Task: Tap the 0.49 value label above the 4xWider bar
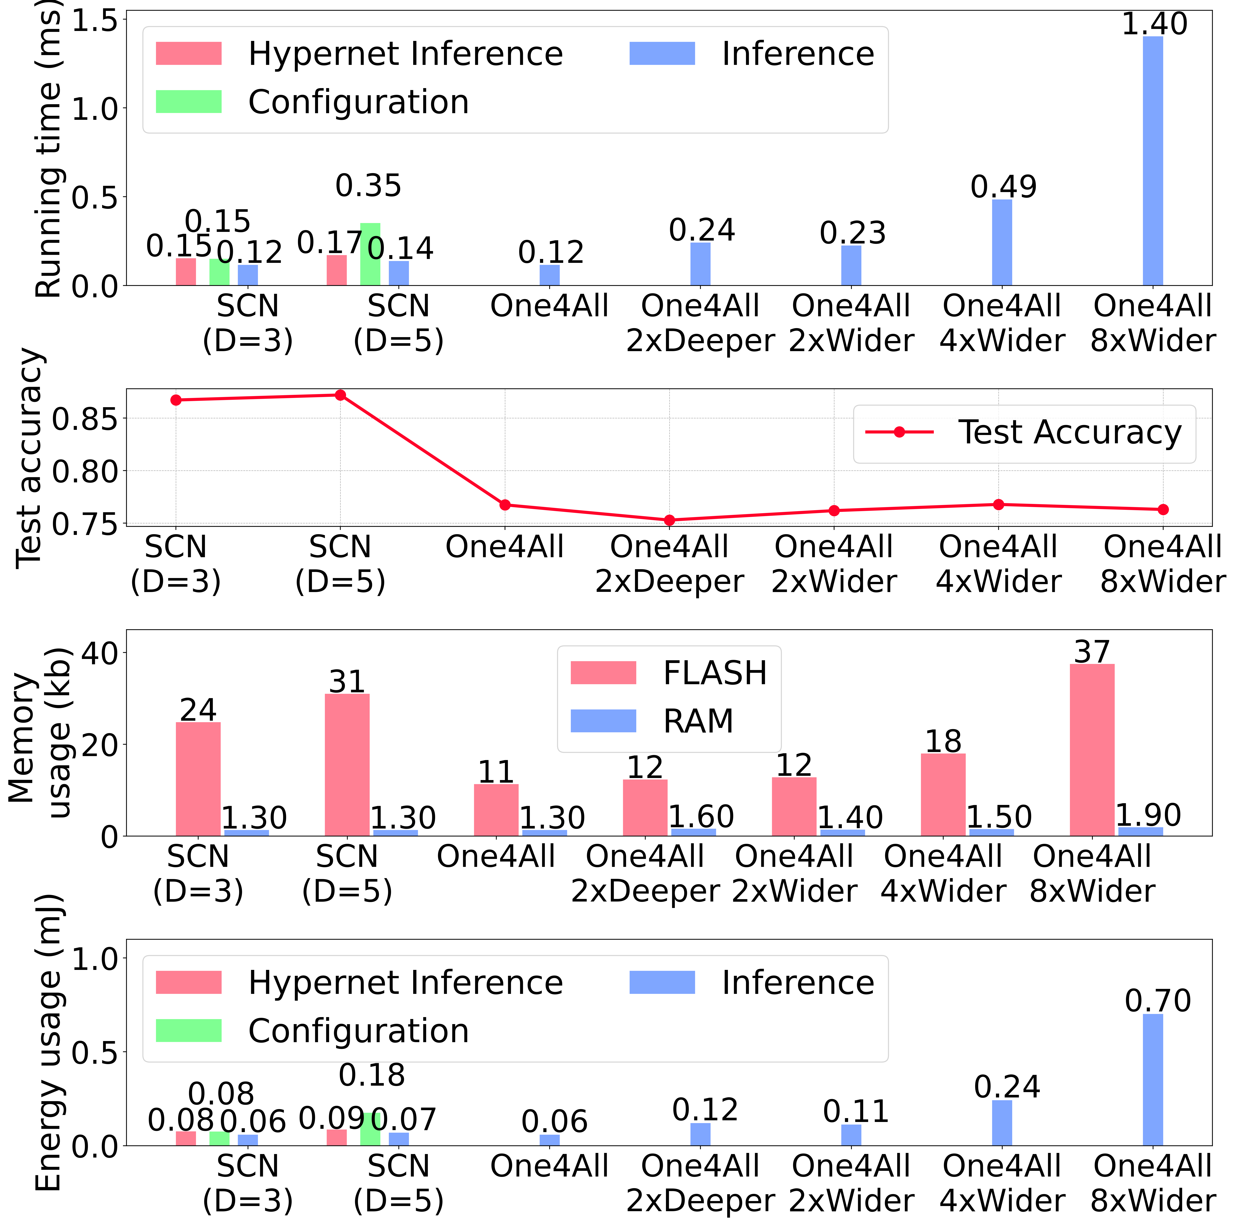coord(1003,187)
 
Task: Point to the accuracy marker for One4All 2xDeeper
coord(669,520)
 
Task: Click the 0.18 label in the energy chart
coord(372,1075)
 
